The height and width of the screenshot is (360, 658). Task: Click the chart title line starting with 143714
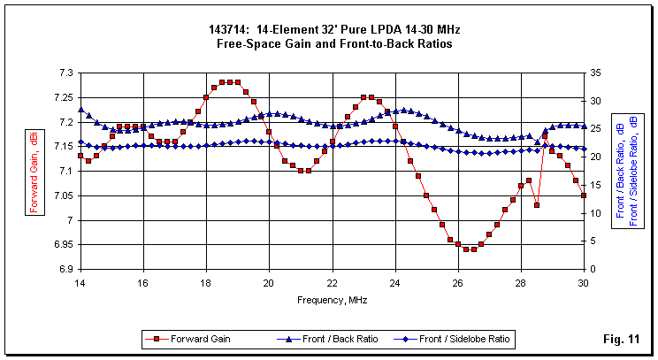329,30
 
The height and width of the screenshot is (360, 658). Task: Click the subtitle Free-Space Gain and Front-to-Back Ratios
329,42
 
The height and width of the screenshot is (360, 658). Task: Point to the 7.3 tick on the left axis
66,73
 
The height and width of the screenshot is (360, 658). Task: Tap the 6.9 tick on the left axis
66,269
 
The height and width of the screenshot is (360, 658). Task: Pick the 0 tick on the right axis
592,269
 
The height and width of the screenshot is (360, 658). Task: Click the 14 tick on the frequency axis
80,283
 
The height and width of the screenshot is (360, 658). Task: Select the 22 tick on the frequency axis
332,283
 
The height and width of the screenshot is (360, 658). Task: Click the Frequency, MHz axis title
332,300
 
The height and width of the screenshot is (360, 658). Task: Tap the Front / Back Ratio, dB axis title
621,171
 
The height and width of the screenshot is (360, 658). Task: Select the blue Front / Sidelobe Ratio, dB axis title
633,171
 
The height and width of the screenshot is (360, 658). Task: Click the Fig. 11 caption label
620,339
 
